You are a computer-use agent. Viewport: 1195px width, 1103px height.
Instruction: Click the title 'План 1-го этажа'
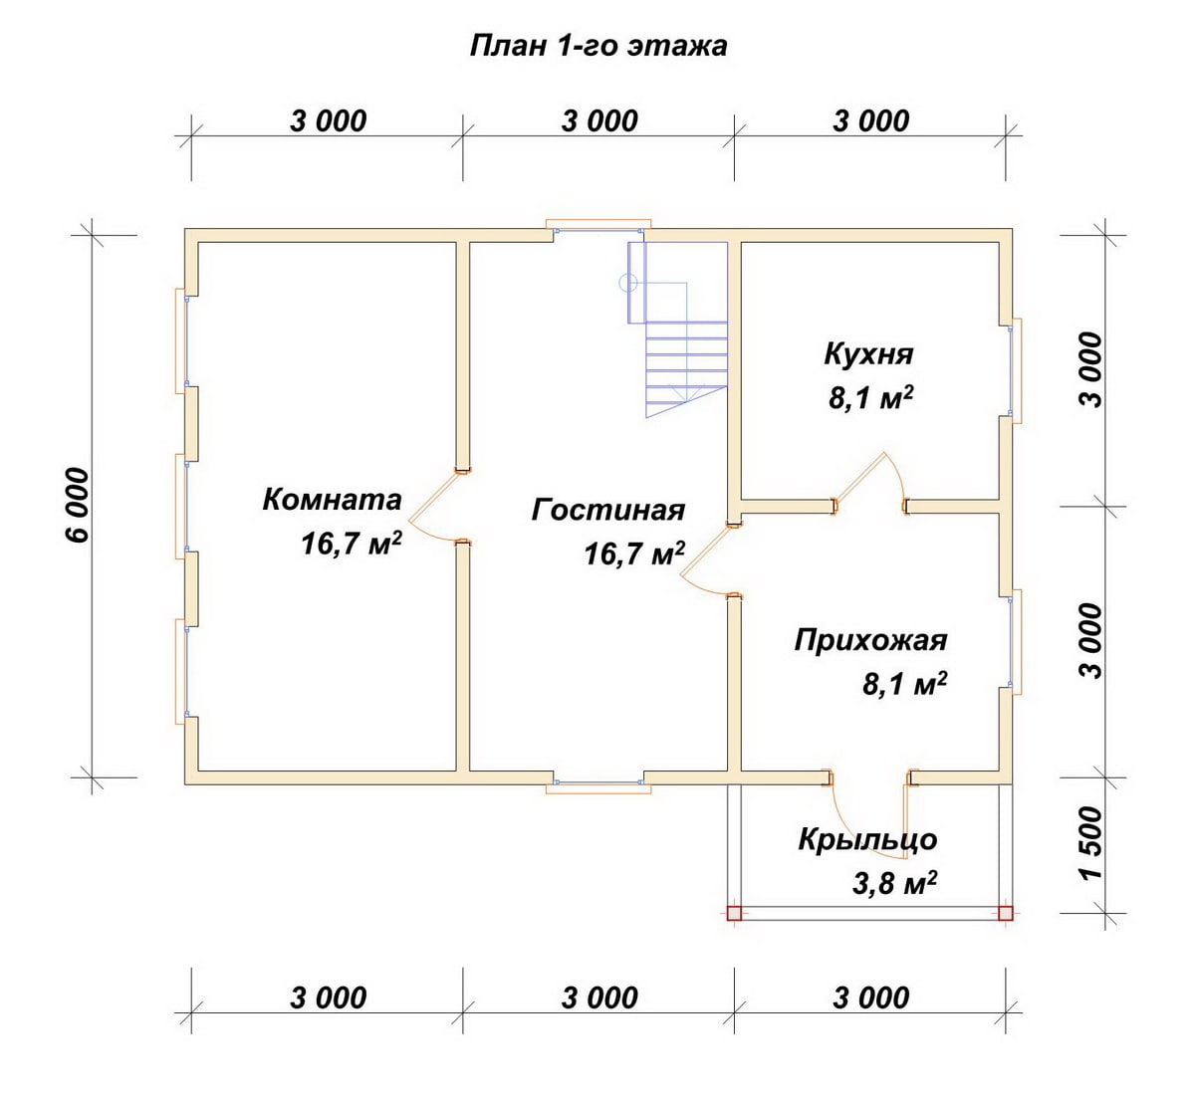pyautogui.click(x=598, y=47)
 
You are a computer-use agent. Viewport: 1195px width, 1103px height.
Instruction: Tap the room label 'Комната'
pyautogui.click(x=333, y=500)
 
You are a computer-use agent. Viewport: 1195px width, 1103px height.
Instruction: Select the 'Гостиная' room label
pyautogui.click(x=608, y=511)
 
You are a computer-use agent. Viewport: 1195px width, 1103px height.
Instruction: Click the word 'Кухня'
pyautogui.click(x=868, y=354)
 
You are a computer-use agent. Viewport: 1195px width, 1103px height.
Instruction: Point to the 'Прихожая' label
pyautogui.click(x=870, y=640)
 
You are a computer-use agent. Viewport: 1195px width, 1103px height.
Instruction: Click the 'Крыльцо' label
pyautogui.click(x=867, y=840)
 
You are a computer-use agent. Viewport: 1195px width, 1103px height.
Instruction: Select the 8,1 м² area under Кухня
pyautogui.click(x=870, y=398)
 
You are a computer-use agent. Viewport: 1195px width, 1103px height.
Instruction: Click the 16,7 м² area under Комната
pyautogui.click(x=352, y=545)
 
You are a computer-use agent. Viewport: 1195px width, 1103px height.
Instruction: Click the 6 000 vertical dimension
pyautogui.click(x=78, y=506)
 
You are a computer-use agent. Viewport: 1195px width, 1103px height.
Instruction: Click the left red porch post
pyautogui.click(x=734, y=914)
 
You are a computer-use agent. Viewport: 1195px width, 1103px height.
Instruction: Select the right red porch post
pyautogui.click(x=1006, y=914)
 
